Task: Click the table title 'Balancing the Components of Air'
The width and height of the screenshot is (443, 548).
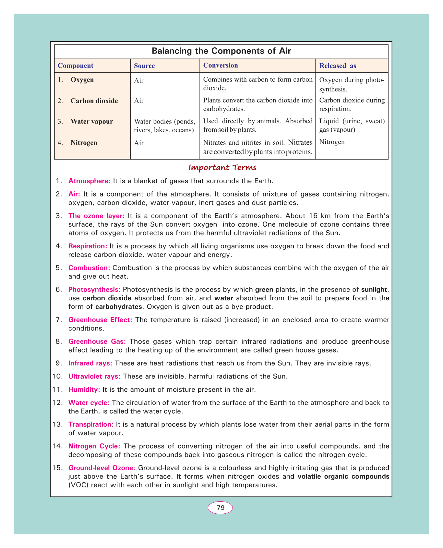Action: point(221,51)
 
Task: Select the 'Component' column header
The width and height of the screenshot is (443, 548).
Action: point(75,66)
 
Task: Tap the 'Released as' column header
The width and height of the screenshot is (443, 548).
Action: point(338,66)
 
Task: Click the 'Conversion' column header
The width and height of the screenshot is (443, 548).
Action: point(221,66)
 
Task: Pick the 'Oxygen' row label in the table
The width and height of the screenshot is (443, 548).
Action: point(82,80)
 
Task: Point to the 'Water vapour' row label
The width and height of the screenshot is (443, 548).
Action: point(91,122)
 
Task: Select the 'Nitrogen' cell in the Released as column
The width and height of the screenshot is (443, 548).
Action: point(332,142)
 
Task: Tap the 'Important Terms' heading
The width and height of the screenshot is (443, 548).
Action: point(222,168)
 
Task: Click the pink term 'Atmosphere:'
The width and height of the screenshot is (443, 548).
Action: point(90,181)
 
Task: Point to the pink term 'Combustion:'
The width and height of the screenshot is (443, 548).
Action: point(89,268)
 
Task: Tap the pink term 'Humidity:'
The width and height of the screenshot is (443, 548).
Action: point(84,389)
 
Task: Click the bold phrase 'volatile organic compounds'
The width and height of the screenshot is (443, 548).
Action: point(343,477)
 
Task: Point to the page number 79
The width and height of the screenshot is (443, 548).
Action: point(220,508)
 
